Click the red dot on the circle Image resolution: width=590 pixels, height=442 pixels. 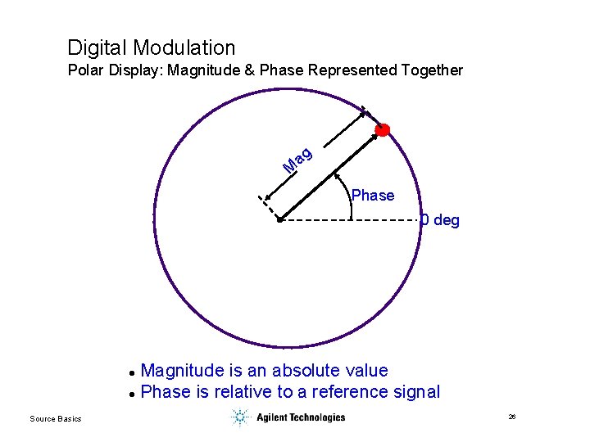point(382,130)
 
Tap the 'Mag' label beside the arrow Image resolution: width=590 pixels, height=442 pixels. point(297,160)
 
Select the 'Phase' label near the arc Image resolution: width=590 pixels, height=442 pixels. point(373,196)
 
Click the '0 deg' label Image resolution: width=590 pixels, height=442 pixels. point(440,220)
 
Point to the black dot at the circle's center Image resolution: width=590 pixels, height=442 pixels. point(279,220)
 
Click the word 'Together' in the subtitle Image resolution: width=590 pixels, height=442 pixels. point(432,70)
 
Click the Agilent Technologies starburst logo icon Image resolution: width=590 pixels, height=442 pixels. point(239,417)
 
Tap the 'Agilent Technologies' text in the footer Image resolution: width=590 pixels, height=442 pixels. point(301,417)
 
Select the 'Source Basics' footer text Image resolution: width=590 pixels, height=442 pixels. point(56,419)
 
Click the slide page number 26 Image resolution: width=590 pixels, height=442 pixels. point(512,417)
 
